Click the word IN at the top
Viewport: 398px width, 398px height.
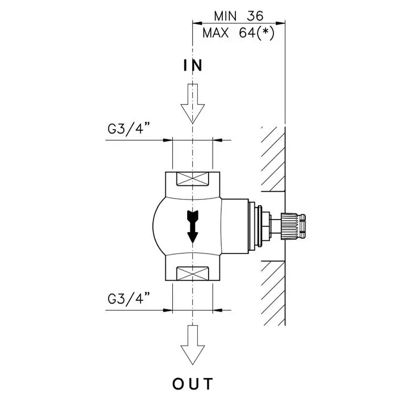(x=193, y=65)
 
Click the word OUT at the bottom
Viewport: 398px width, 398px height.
(x=193, y=384)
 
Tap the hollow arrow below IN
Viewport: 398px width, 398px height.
(x=193, y=103)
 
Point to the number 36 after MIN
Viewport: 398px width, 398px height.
(x=255, y=15)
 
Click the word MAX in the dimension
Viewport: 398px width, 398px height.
(x=215, y=33)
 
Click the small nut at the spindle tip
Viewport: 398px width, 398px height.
(x=302, y=225)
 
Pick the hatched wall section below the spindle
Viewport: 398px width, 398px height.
(x=272, y=293)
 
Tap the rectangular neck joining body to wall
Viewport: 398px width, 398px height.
(x=235, y=226)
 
